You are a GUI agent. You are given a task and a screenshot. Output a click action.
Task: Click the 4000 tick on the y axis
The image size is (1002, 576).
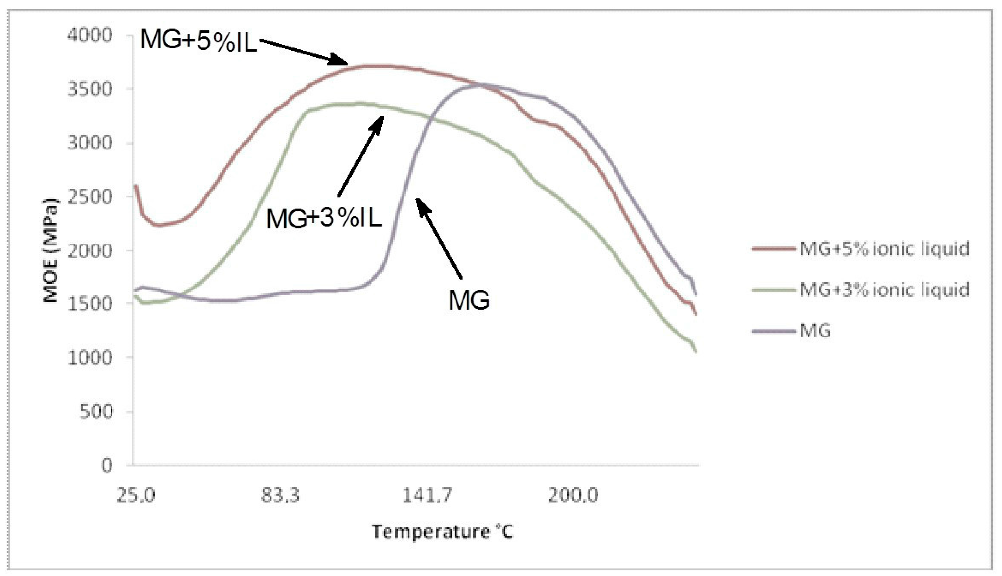90,35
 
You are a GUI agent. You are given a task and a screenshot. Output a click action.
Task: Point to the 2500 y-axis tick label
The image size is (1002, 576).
90,197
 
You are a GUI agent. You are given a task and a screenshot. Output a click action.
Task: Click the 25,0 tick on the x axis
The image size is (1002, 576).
136,495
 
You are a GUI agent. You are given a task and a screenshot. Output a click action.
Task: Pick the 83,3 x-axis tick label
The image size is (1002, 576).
280,495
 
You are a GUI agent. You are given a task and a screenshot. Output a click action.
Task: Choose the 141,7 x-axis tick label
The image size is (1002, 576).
427,495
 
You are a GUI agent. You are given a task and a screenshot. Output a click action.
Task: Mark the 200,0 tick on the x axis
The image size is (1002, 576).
573,495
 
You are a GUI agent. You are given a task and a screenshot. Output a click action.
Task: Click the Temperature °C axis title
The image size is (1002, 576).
442,532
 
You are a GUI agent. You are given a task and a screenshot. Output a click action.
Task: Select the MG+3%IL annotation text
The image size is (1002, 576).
324,218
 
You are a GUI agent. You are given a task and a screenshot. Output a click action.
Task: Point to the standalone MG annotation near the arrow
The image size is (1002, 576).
469,300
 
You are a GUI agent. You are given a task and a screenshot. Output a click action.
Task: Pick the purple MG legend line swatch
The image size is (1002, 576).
773,331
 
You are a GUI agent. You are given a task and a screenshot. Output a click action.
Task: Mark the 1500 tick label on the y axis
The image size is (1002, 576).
90,304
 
